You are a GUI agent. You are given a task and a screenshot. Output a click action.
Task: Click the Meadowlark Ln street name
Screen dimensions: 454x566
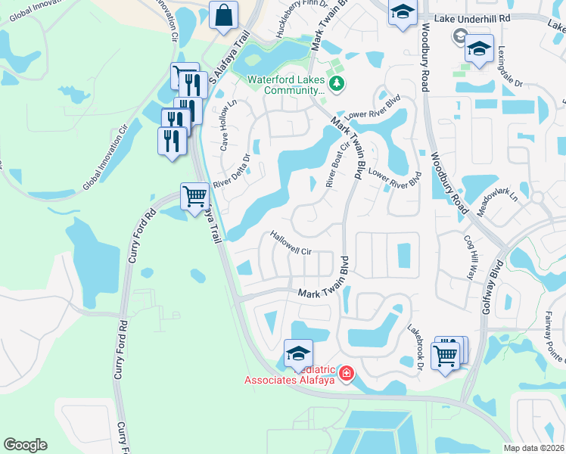[x=502, y=201]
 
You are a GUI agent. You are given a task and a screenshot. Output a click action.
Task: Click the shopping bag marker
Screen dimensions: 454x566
[x=224, y=15]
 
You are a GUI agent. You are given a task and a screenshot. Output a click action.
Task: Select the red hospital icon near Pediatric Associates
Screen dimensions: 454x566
[x=346, y=373]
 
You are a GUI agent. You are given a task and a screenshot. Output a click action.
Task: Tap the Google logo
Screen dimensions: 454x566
[x=26, y=445]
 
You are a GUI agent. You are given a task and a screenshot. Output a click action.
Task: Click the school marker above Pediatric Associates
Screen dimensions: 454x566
[x=298, y=353]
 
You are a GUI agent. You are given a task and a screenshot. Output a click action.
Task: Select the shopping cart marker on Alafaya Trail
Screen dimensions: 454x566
[x=195, y=197]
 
